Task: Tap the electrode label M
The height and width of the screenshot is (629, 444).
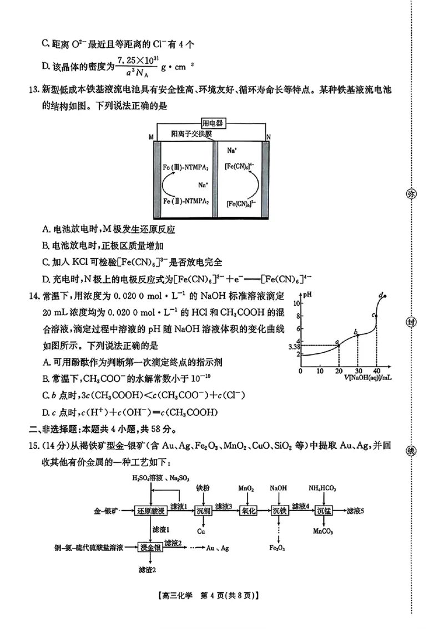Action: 150,137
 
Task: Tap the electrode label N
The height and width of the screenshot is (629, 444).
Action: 268,137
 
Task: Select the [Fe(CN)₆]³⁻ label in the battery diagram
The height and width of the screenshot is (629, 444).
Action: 241,203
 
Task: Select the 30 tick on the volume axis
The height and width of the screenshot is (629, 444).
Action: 357,371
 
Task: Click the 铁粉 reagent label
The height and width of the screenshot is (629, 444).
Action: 202,488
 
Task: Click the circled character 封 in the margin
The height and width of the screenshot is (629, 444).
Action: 411,322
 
